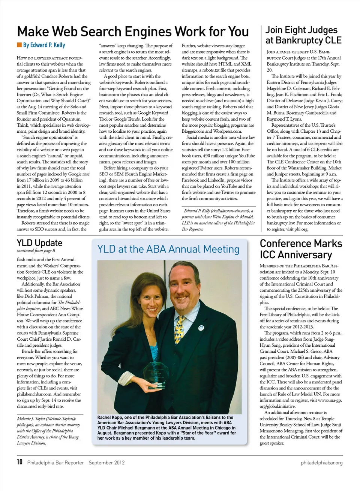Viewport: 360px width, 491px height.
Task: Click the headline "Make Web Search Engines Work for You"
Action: pos(133,31)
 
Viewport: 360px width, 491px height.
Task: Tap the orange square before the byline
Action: pos(19,45)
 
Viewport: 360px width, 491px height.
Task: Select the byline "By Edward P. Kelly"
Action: pos(44,45)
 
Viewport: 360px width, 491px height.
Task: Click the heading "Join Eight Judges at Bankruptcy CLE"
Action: pos(303,35)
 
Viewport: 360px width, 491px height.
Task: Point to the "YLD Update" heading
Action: pos(39,243)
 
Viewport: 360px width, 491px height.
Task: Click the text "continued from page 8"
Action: pos(36,251)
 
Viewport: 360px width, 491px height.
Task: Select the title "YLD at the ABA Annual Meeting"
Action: pos(168,249)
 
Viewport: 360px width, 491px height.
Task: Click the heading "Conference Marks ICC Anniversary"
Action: pos(301,249)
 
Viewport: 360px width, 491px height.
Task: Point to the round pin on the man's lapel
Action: pos(201,328)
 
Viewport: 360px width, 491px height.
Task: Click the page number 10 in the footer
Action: pos(19,462)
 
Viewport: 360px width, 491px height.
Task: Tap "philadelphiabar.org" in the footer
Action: pos(321,463)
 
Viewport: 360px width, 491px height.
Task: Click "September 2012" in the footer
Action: pos(106,463)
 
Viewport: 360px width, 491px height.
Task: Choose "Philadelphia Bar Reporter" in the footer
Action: pos(55,463)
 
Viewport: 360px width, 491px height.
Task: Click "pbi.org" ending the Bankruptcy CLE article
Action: pos(300,229)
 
